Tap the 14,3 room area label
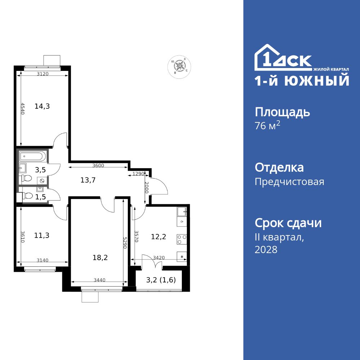(x=42, y=106)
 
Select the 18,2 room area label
(x=100, y=257)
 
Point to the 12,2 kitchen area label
(x=158, y=237)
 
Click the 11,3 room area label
(x=42, y=235)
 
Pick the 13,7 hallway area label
(x=88, y=180)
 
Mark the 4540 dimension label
(x=22, y=109)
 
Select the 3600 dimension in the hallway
(x=98, y=166)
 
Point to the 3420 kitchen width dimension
(x=159, y=258)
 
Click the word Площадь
(x=282, y=112)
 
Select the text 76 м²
(x=267, y=126)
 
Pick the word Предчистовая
(x=289, y=182)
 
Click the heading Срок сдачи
(x=288, y=223)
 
